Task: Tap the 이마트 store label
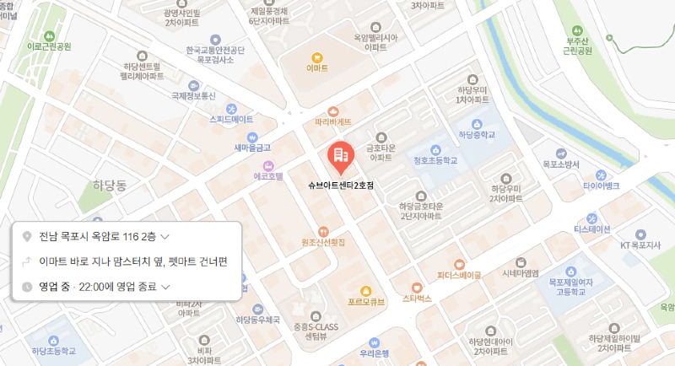pyautogui.click(x=317, y=67)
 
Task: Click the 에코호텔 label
pyautogui.click(x=268, y=178)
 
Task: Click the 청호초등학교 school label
pyautogui.click(x=435, y=159)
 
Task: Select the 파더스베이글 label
pyautogui.click(x=459, y=274)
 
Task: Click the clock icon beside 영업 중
pyautogui.click(x=27, y=287)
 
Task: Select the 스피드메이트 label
pyautogui.click(x=231, y=119)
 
